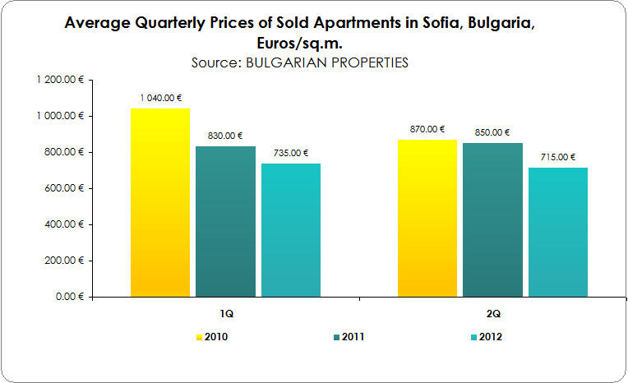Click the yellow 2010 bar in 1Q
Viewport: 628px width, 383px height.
coord(160,202)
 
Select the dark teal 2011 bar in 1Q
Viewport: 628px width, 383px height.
coord(225,221)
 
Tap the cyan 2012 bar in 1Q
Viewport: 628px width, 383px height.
coord(291,229)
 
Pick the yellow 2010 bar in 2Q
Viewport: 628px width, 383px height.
coord(427,218)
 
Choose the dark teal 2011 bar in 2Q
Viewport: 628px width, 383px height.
coord(492,219)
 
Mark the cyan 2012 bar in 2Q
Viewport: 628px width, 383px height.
coord(558,232)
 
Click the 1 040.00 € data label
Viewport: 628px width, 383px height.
coord(160,98)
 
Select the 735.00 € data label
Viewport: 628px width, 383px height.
coord(291,153)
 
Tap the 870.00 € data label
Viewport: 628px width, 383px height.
coord(427,129)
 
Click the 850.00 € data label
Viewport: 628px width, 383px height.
coord(492,132)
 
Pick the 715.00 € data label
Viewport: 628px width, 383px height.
coord(558,157)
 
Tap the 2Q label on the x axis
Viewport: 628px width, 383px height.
coord(492,315)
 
